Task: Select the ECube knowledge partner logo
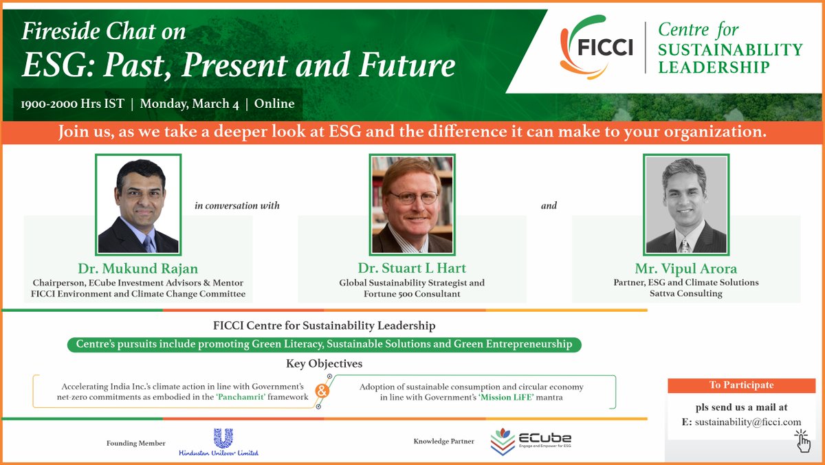(x=531, y=442)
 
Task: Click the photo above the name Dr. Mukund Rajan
(x=138, y=205)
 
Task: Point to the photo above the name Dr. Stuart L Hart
(x=412, y=205)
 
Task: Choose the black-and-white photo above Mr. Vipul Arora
(x=686, y=205)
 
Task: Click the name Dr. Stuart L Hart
(x=412, y=268)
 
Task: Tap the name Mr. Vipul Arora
(x=685, y=268)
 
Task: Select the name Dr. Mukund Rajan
(x=138, y=268)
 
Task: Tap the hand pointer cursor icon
(x=802, y=441)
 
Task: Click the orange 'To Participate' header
(x=741, y=385)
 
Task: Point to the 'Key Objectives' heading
(x=324, y=363)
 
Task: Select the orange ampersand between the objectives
(x=320, y=392)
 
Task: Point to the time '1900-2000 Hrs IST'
(x=72, y=104)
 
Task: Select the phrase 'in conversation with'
(x=237, y=205)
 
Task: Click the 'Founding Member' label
(x=136, y=443)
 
